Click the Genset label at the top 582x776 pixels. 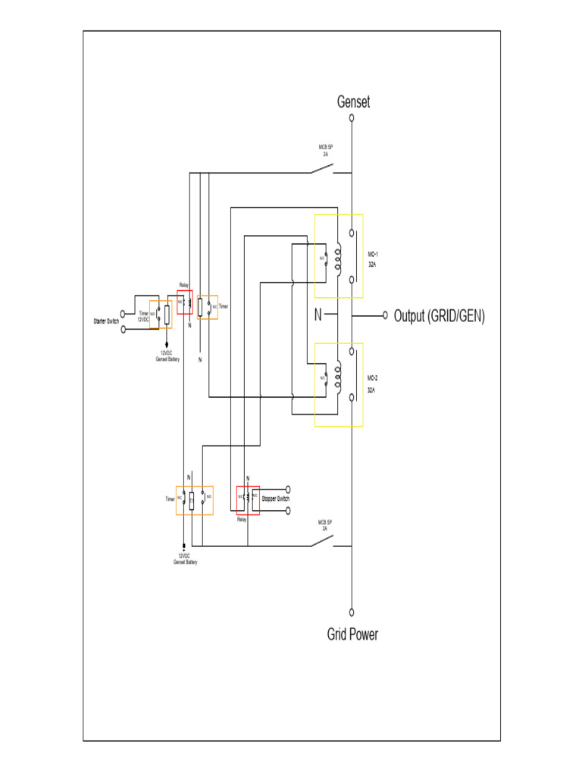pyautogui.click(x=353, y=102)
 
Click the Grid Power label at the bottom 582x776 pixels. pyautogui.click(x=352, y=634)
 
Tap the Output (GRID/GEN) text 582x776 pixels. pyautogui.click(x=439, y=315)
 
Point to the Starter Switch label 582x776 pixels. pyautogui.click(x=106, y=322)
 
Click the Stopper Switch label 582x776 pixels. pyautogui.click(x=275, y=499)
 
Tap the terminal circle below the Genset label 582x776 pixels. pyautogui.click(x=352, y=118)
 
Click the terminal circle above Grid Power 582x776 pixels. pyautogui.click(x=352, y=612)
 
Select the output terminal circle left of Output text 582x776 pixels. pyautogui.click(x=385, y=314)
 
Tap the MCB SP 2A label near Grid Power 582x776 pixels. pyautogui.click(x=326, y=525)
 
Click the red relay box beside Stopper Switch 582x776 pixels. pyautogui.click(x=248, y=500)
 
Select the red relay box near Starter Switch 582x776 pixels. pyautogui.click(x=185, y=302)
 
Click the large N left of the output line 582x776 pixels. pyautogui.click(x=318, y=315)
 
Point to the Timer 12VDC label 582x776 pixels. pyautogui.click(x=143, y=315)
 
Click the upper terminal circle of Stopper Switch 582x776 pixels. pyautogui.click(x=288, y=490)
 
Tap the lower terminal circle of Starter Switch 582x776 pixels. pyautogui.click(x=124, y=330)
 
